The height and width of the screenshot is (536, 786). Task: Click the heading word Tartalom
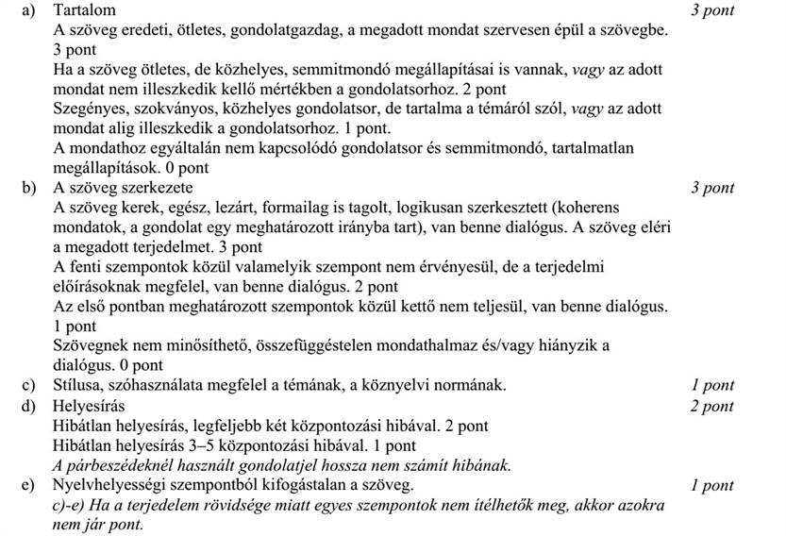click(85, 10)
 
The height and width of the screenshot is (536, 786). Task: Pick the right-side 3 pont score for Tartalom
click(712, 11)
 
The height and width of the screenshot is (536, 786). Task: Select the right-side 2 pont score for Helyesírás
click(712, 406)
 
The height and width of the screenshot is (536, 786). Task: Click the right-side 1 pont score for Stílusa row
click(712, 385)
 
